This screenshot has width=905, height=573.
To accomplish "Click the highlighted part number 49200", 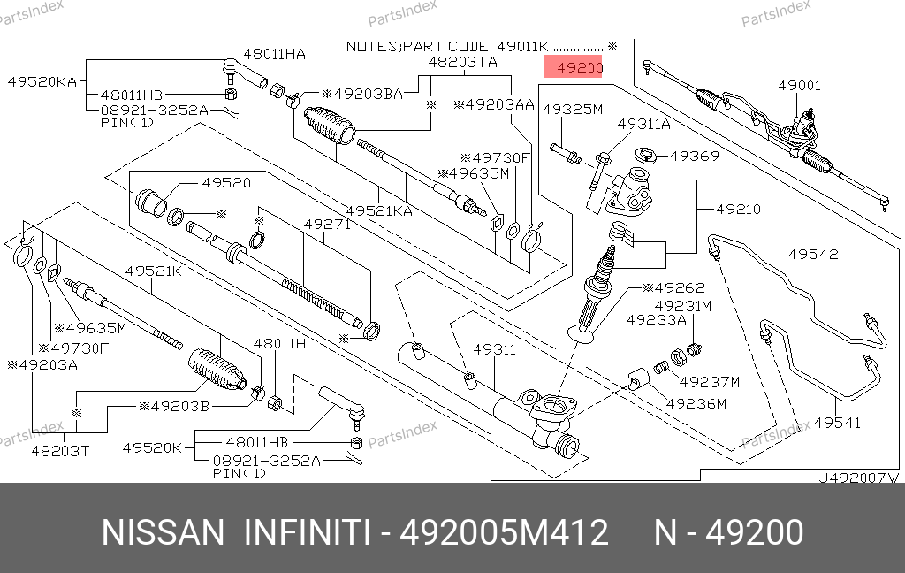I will click(574, 68).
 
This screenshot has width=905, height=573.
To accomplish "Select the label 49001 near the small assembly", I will click(799, 86).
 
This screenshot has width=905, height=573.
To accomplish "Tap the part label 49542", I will click(812, 255).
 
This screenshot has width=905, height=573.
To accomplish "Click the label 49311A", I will click(643, 125).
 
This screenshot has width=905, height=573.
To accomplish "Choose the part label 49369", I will click(694, 156).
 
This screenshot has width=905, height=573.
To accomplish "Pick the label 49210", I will click(738, 210).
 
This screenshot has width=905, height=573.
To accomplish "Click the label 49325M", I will click(572, 110).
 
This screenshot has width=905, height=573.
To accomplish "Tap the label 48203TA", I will click(462, 62).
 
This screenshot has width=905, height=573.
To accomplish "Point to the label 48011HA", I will click(275, 54).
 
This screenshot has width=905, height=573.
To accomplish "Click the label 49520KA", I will click(42, 80).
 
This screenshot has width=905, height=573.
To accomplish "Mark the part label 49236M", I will click(696, 404).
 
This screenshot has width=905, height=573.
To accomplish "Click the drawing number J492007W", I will click(856, 477).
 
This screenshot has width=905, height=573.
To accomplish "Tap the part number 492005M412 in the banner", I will click(505, 533).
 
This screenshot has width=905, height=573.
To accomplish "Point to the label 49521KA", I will click(379, 210).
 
